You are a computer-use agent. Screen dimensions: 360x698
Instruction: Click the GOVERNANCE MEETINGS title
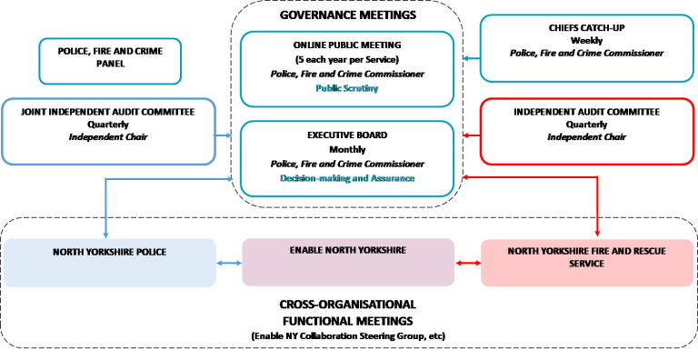point(348,15)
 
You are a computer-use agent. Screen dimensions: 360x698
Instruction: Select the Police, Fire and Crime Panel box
point(109,57)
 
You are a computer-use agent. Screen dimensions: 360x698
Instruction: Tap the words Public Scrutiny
point(347,89)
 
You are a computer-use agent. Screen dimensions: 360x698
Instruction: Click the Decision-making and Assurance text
point(347,178)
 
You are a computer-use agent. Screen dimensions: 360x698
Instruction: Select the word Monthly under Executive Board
point(347,149)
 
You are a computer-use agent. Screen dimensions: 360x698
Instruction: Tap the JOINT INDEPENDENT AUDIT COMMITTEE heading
point(109,112)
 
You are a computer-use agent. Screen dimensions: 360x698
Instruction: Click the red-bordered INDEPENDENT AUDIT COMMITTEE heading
point(586,112)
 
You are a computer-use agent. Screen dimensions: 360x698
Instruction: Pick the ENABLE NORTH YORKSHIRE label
point(347,249)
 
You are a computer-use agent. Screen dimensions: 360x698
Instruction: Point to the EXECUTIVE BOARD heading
point(347,135)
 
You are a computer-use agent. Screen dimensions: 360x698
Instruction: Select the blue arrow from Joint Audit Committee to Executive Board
point(226,135)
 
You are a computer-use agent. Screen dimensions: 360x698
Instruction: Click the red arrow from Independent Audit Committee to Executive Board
point(470,135)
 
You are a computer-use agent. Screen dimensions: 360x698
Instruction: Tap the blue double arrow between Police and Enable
point(229,263)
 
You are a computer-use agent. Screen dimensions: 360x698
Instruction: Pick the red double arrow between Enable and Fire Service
point(467,263)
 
